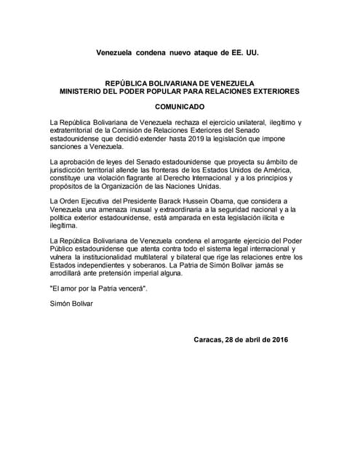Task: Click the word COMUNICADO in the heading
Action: point(180,106)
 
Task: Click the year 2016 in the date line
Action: point(275,340)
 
